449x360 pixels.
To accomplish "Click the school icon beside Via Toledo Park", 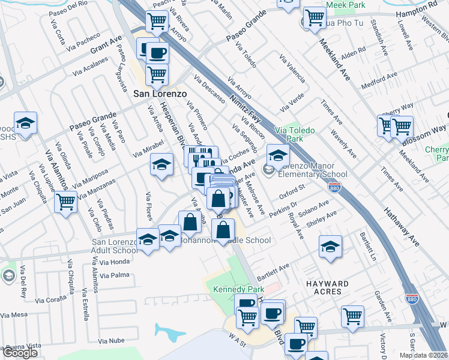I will (x=278, y=156).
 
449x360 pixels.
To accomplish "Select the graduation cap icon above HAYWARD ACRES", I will (x=330, y=247).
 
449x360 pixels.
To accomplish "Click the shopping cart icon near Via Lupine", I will (x=66, y=201).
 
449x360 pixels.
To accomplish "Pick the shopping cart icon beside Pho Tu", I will (x=314, y=18).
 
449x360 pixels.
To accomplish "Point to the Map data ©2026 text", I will (x=423, y=355).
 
